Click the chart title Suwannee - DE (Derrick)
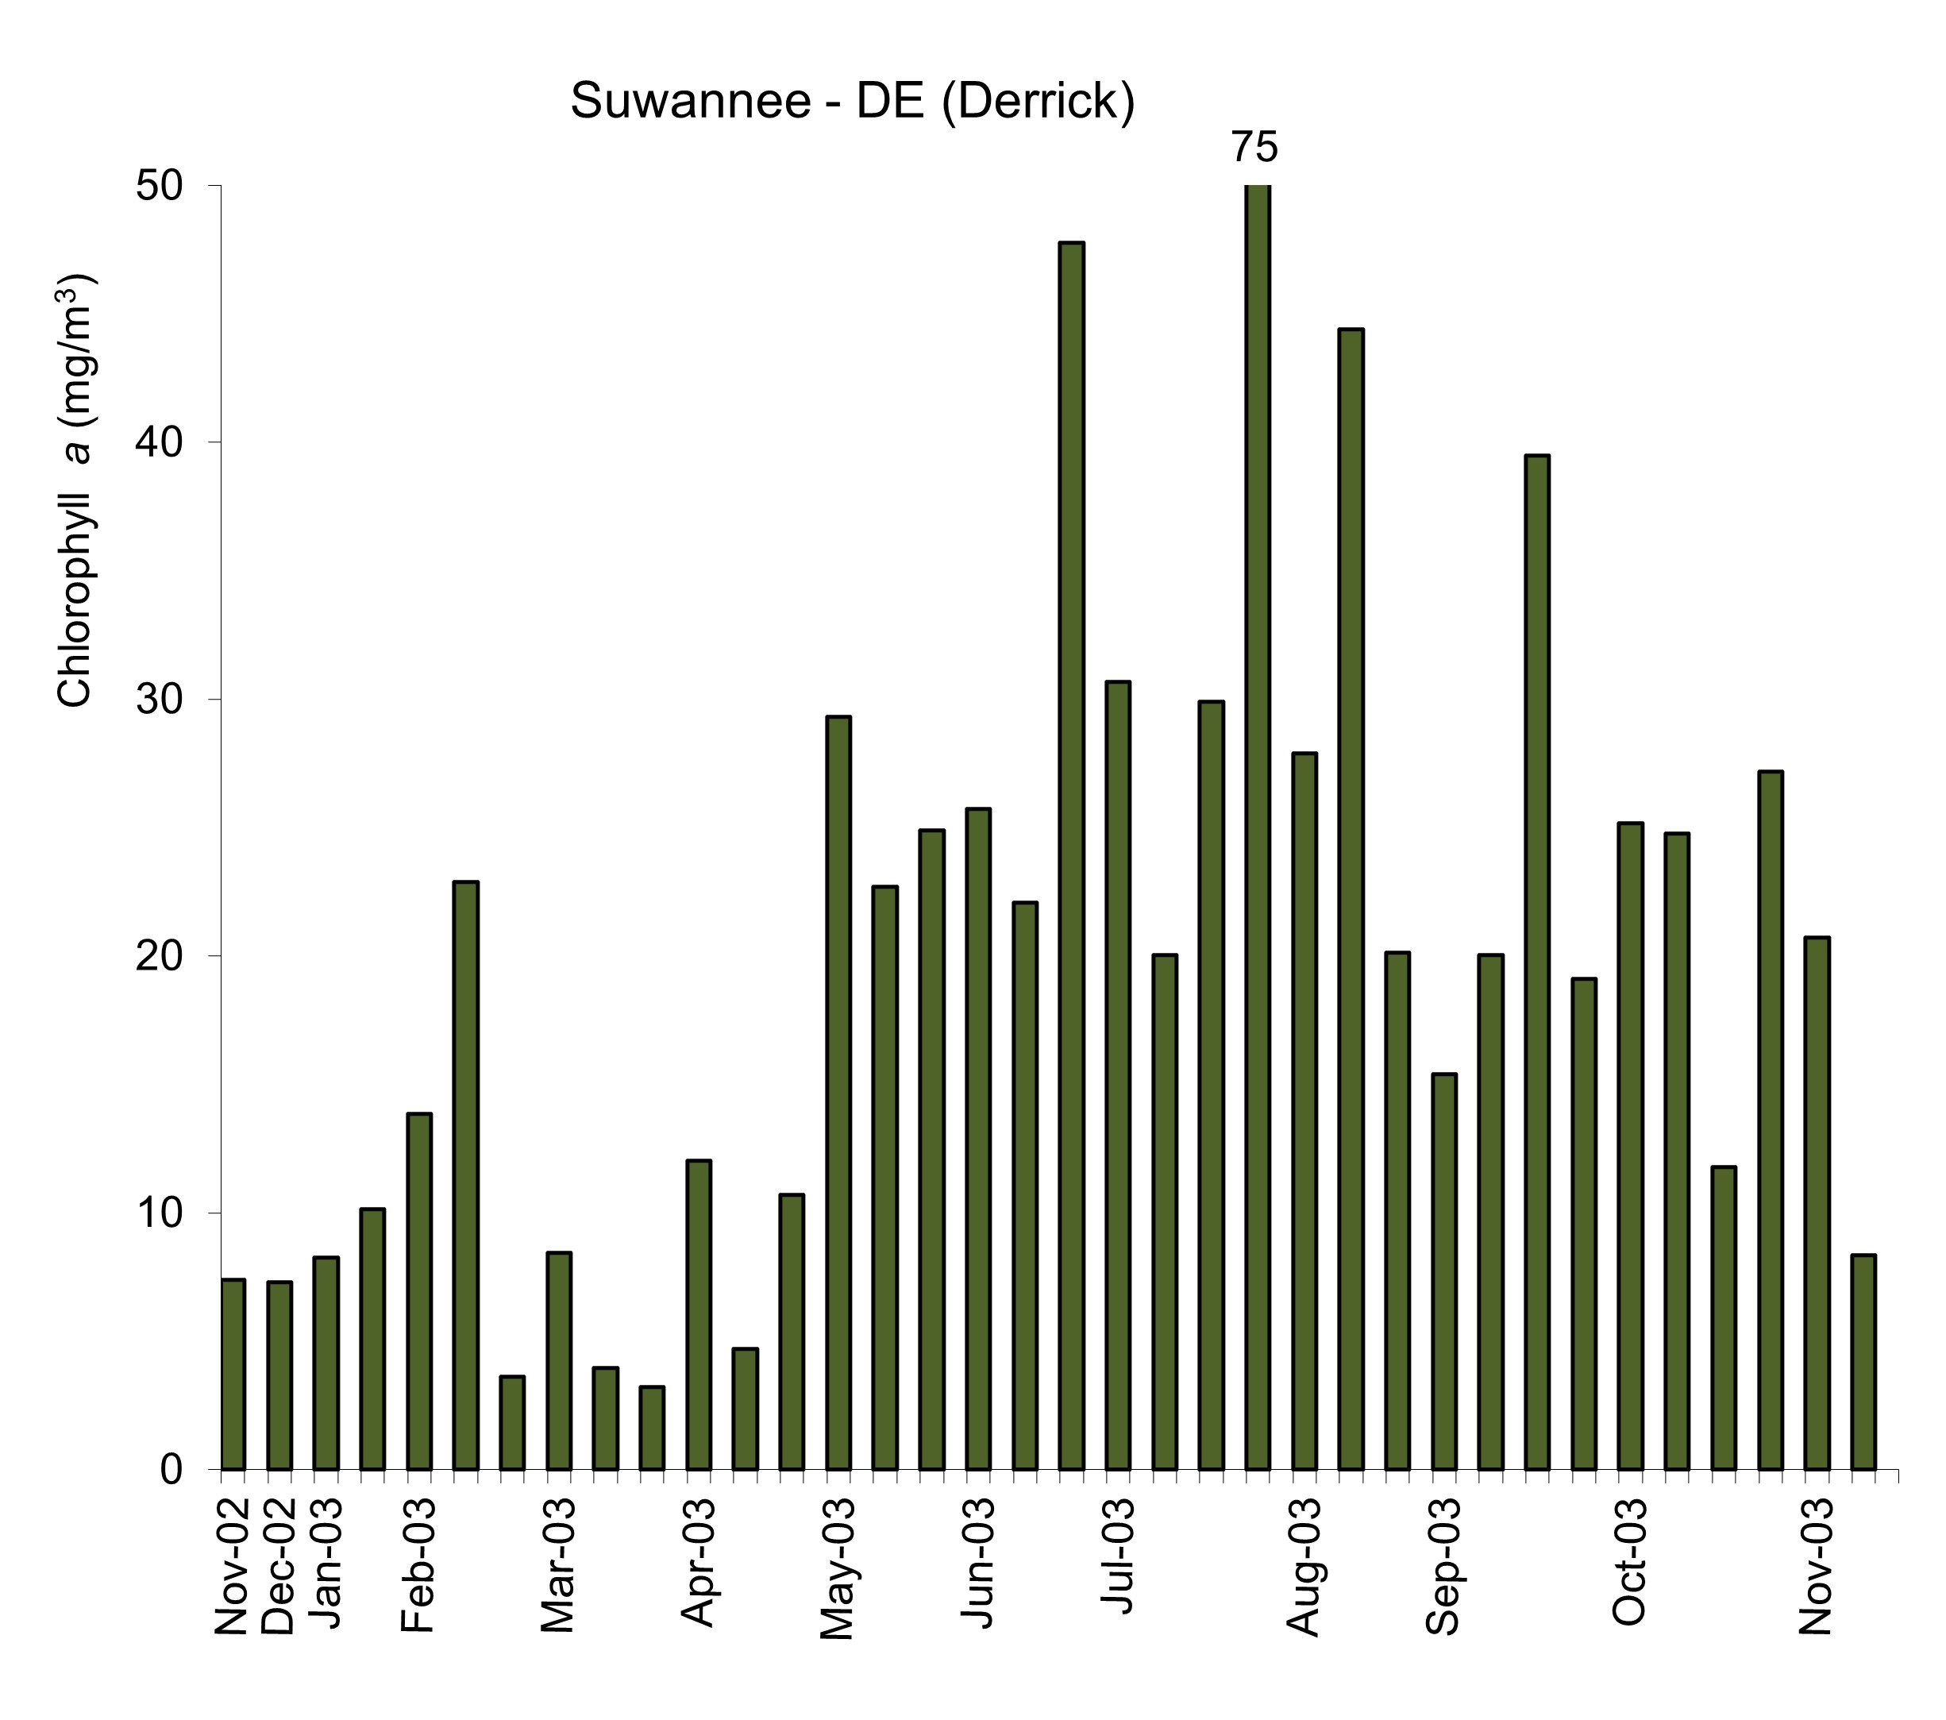852,102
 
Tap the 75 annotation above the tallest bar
1254,148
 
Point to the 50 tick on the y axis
159,186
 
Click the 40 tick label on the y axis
159,443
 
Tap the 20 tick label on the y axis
159,956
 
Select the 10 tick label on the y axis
159,1213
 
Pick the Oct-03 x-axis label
1629,1561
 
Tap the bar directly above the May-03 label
838,1093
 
